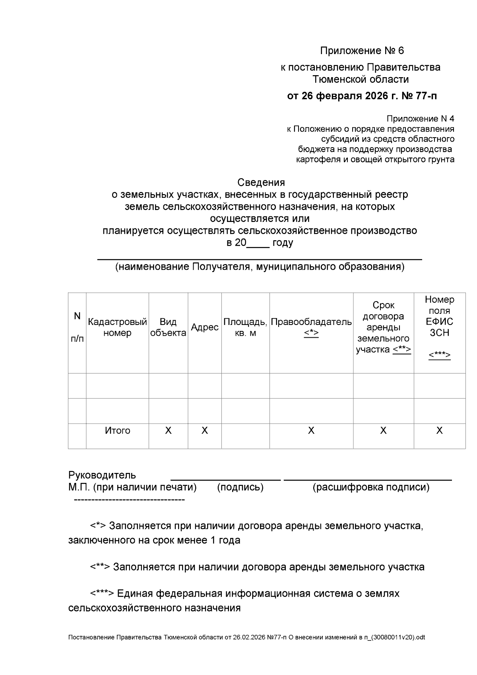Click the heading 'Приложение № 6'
tap(362, 51)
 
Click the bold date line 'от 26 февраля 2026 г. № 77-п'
tap(362, 96)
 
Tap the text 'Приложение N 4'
tap(420, 119)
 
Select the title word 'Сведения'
tap(261, 183)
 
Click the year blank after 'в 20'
tap(258, 243)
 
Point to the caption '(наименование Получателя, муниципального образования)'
tap(260, 266)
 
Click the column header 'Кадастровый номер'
tap(117, 327)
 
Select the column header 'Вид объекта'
tap(168, 327)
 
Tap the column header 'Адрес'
tap(205, 327)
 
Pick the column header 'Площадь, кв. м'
tap(245, 327)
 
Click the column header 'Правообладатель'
tap(311, 322)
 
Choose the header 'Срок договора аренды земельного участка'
tap(383, 327)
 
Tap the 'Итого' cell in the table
tap(117, 430)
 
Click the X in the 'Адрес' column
tap(205, 430)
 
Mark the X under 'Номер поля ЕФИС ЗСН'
tap(439, 430)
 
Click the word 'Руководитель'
tap(102, 475)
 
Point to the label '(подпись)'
tap(240, 487)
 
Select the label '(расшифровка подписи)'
tap(371, 487)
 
